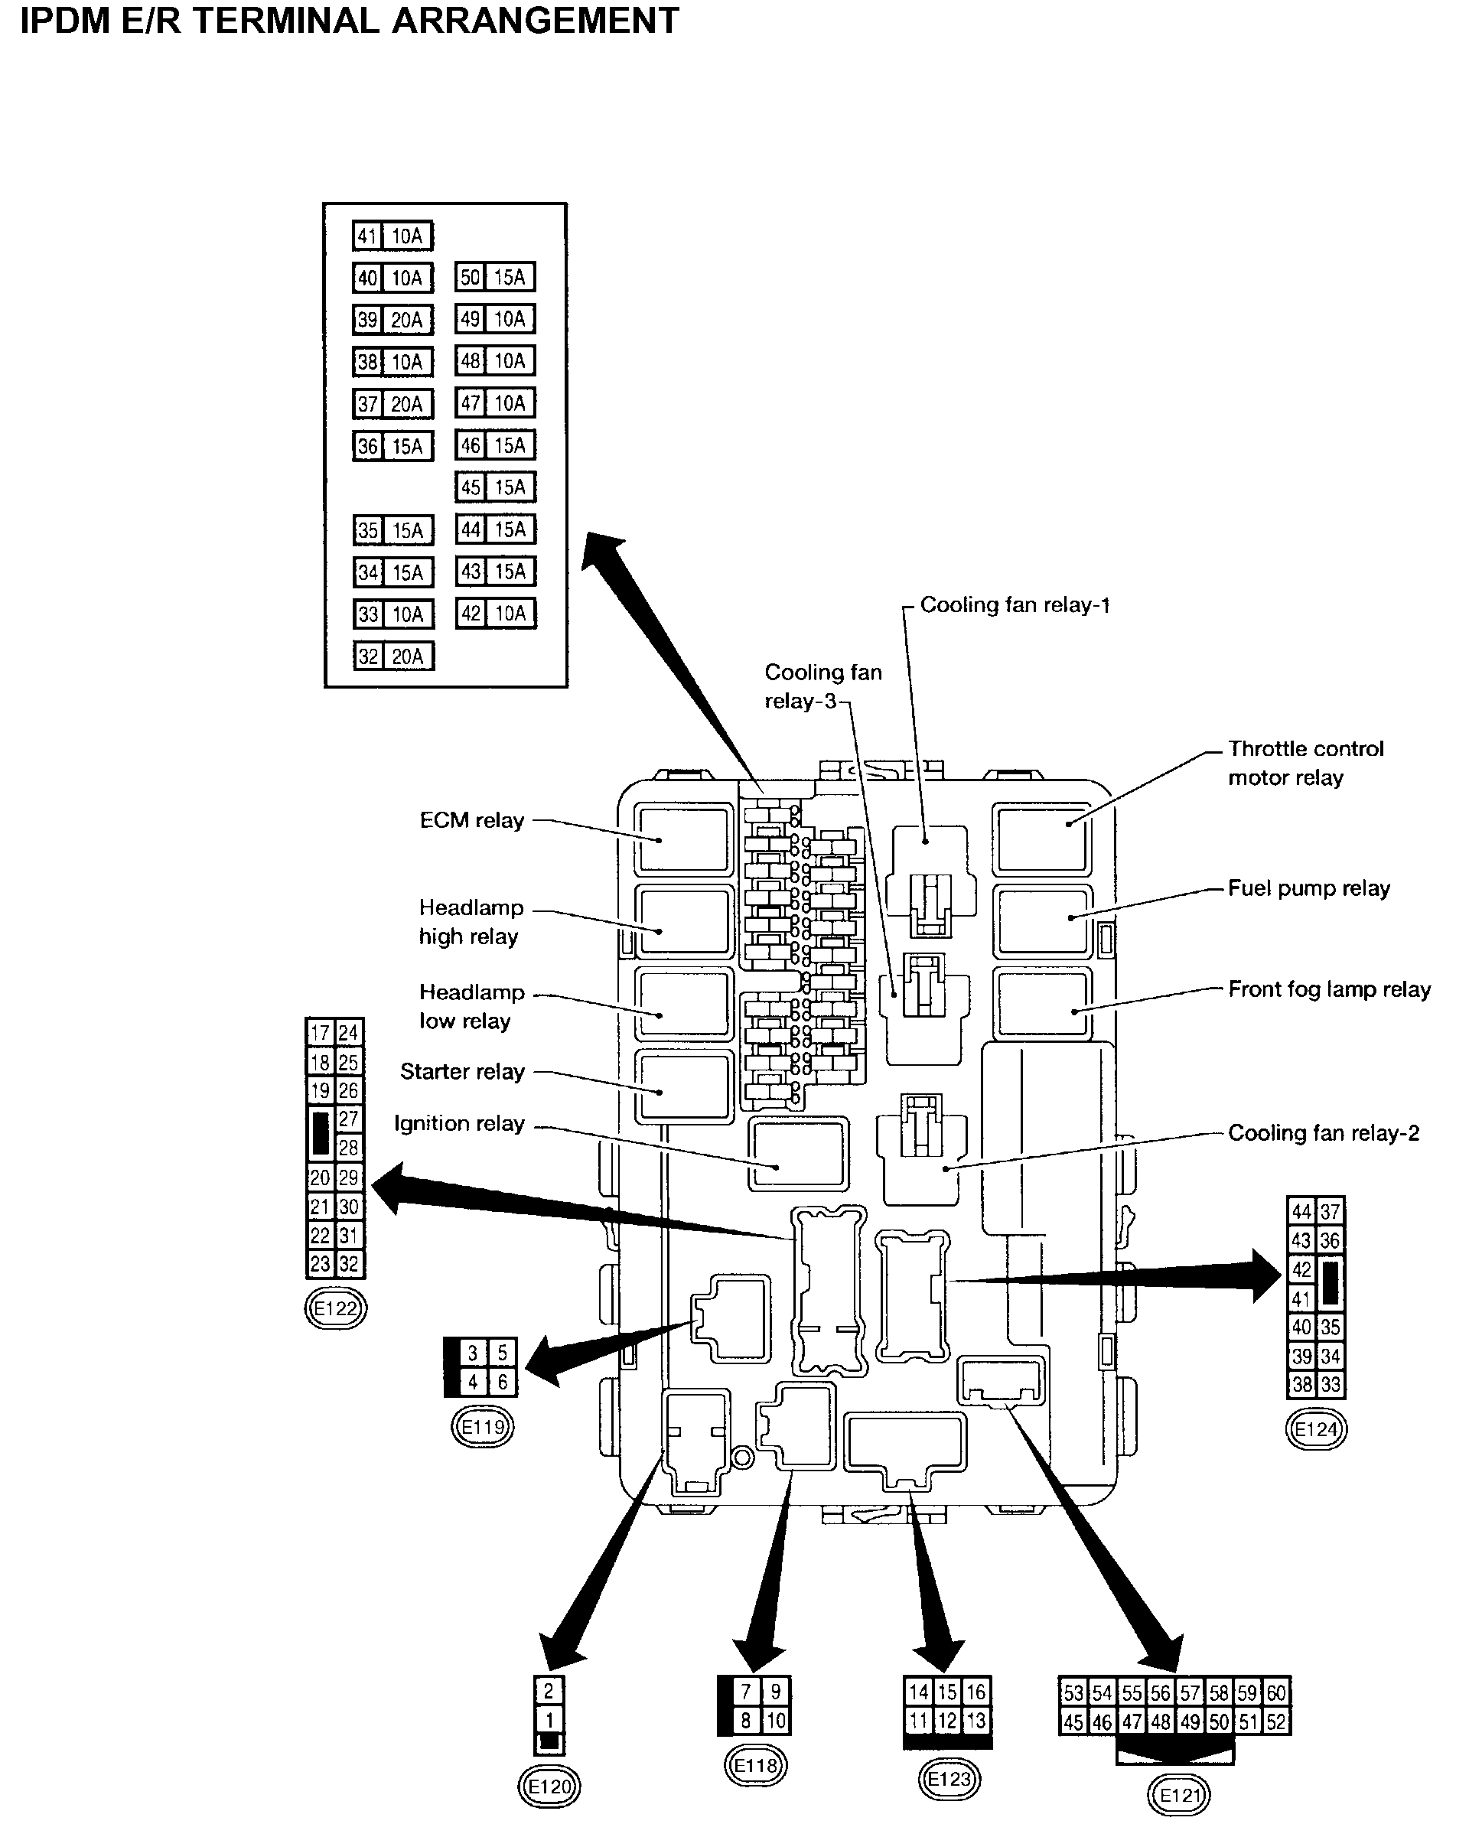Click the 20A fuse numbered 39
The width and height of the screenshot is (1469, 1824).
tap(392, 320)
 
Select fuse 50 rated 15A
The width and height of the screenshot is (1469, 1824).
tap(495, 277)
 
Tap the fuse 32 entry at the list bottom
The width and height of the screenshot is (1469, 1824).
tap(392, 656)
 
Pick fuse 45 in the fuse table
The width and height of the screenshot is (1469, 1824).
tap(495, 487)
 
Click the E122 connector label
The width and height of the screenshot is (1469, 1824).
tap(335, 1309)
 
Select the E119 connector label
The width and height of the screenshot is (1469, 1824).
tap(482, 1427)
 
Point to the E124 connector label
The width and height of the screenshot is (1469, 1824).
tap(1316, 1430)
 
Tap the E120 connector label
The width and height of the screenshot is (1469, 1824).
tap(549, 1786)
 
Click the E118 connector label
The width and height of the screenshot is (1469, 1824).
tap(756, 1765)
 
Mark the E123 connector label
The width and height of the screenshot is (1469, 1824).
tap(949, 1778)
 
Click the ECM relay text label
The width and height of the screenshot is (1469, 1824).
tap(471, 821)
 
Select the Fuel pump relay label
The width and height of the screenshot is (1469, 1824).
tap(1308, 888)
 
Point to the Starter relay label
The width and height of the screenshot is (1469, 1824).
tap(462, 1072)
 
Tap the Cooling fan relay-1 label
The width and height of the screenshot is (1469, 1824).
tap(1015, 605)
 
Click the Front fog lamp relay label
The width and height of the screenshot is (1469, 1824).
tap(1328, 989)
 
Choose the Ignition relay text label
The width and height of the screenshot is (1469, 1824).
tap(460, 1123)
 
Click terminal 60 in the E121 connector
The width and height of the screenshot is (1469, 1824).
tap(1276, 1693)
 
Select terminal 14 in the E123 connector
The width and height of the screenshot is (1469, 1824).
tap(919, 1692)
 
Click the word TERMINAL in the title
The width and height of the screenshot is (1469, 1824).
tap(288, 21)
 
